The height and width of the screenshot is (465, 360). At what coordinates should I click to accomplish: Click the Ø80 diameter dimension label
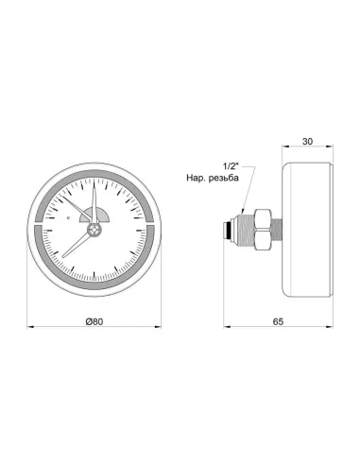pos(94,321)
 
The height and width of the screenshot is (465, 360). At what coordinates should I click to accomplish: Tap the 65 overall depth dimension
pos(278,321)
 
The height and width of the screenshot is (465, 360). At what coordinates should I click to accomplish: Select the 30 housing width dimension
pos(307,142)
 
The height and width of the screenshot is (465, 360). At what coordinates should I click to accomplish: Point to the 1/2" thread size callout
pos(231,166)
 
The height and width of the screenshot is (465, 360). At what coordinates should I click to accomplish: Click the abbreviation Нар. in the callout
pos(196,178)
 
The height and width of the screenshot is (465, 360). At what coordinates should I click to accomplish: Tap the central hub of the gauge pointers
pos(94,230)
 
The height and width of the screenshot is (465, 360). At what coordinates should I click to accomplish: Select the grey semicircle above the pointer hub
pos(94,215)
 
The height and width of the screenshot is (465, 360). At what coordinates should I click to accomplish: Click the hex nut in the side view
pos(263,230)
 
